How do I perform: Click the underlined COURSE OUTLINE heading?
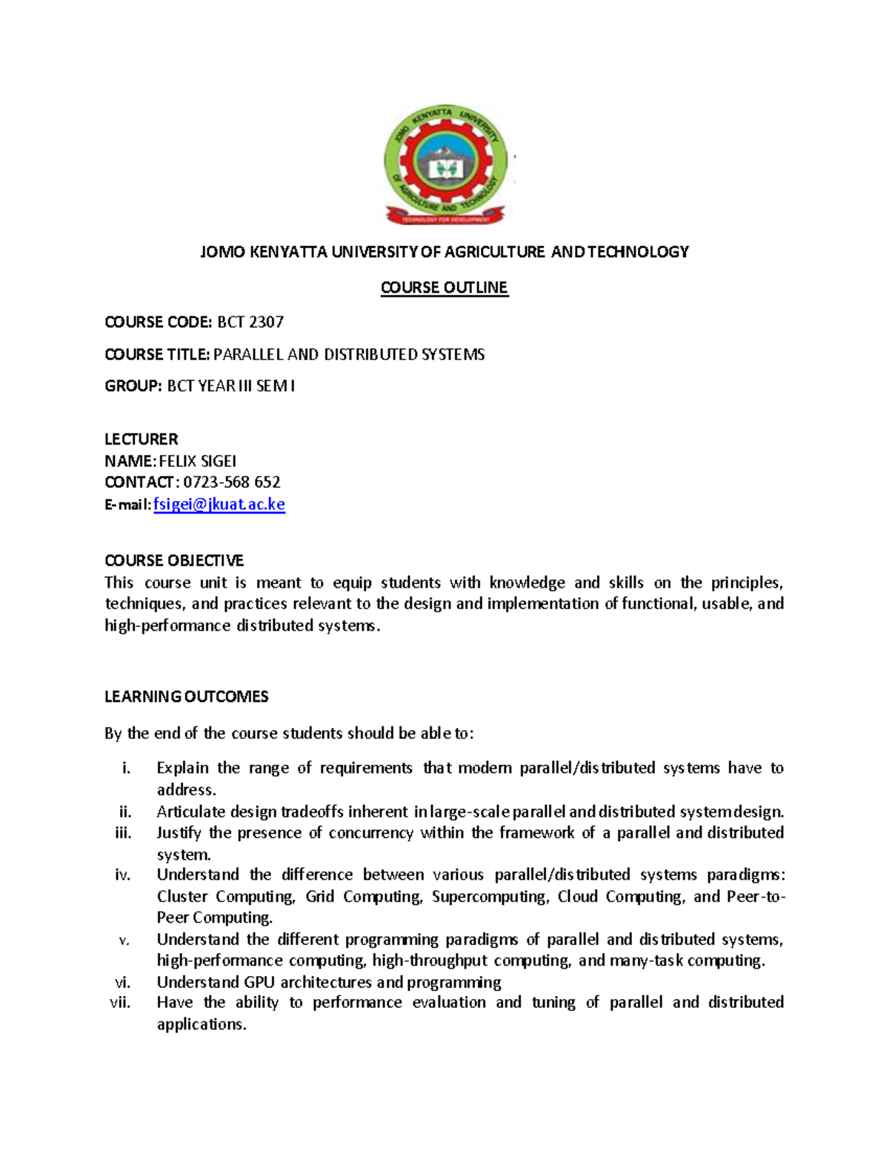click(444, 288)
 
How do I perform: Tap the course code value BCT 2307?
click(250, 322)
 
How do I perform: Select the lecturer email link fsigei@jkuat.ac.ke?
click(219, 505)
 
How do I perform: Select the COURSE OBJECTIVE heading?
click(174, 560)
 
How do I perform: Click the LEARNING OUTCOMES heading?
click(186, 697)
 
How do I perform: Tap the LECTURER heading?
click(141, 439)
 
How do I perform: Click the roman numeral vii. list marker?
click(119, 1003)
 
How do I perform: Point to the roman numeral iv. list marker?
click(122, 875)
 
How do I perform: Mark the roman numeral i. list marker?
click(126, 768)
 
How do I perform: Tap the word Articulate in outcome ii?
click(190, 812)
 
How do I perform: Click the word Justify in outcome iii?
click(179, 833)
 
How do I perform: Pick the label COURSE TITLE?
click(157, 354)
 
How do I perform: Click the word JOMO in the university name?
click(222, 252)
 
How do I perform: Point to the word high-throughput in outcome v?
click(430, 961)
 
